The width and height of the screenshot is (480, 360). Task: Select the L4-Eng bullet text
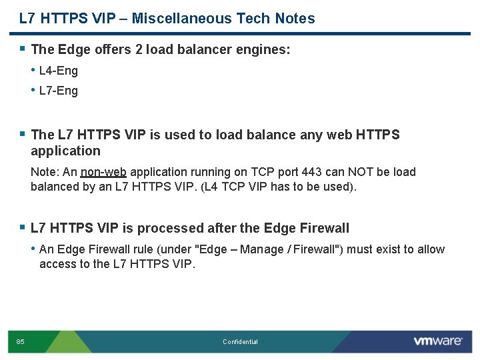pos(59,71)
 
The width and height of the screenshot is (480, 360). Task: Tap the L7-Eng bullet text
pos(59,91)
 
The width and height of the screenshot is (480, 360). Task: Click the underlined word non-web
pos(103,172)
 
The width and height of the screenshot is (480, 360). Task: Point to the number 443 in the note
pos(311,172)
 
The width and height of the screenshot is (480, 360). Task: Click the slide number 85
pos(21,342)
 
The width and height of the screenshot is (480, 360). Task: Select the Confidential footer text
pos(240,342)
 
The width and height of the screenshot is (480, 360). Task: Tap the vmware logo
pos(437,341)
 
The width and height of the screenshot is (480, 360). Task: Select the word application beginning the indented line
pos(65,151)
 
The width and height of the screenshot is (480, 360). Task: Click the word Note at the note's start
pos(45,172)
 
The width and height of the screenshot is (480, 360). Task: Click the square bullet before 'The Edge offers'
pos(23,48)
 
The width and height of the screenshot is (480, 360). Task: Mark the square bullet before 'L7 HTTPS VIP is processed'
pos(23,227)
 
